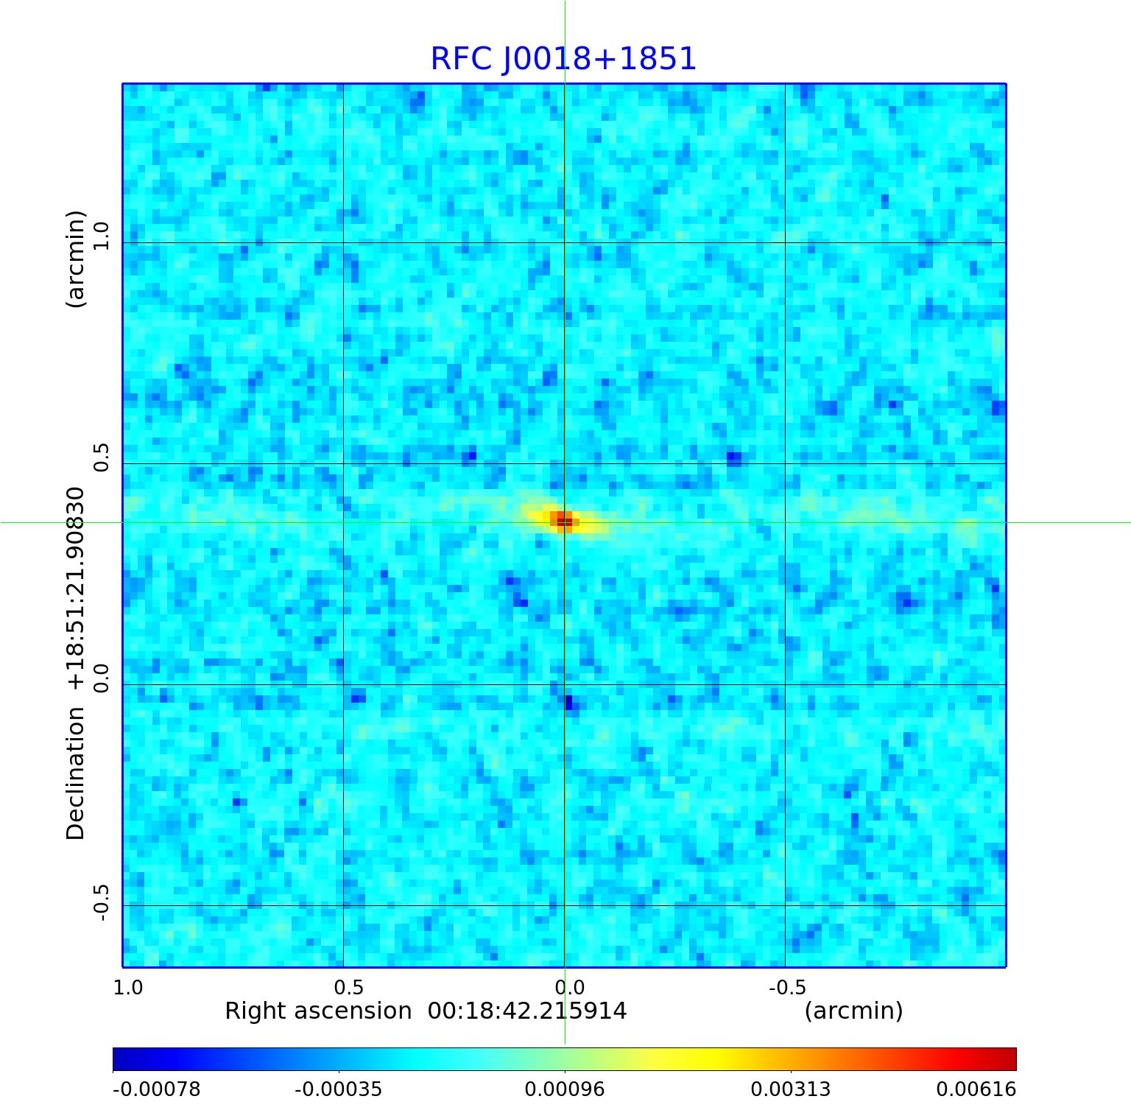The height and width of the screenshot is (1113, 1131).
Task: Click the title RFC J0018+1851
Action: pyautogui.click(x=563, y=59)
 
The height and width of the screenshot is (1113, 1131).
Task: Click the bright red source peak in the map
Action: pyautogui.click(x=562, y=519)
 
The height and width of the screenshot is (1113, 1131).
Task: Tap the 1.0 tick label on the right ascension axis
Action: pyautogui.click(x=128, y=987)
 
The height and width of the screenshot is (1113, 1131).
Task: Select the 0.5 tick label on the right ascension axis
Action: pyautogui.click(x=348, y=987)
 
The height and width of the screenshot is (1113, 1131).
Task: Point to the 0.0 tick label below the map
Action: pyautogui.click(x=569, y=987)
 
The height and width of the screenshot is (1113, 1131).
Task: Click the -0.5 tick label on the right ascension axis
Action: pyautogui.click(x=787, y=987)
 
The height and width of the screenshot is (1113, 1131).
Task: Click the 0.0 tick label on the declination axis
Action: pyautogui.click(x=100, y=678)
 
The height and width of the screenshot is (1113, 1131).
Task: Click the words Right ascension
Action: pyautogui.click(x=318, y=1011)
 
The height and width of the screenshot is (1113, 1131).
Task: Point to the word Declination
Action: pyautogui.click(x=76, y=773)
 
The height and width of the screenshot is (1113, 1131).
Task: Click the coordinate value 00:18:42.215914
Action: pyautogui.click(x=527, y=1011)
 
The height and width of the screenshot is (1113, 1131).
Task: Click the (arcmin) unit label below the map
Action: pyautogui.click(x=853, y=1011)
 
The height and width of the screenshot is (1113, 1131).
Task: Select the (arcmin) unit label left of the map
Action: pyautogui.click(x=76, y=259)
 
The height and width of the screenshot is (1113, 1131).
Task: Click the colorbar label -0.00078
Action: pyautogui.click(x=156, y=1089)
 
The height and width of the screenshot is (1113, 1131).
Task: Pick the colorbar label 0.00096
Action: pyautogui.click(x=565, y=1089)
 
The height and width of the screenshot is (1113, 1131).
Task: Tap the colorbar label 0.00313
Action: pyautogui.click(x=791, y=1089)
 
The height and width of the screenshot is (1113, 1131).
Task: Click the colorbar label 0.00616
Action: pyautogui.click(x=976, y=1089)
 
